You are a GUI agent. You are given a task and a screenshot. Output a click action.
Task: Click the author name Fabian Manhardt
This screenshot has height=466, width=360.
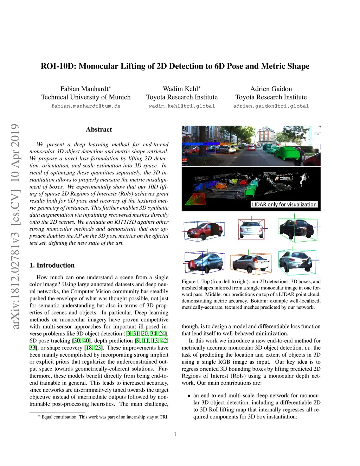click(84, 89)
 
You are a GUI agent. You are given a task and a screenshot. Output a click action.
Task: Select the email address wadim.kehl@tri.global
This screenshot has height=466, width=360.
click(182, 106)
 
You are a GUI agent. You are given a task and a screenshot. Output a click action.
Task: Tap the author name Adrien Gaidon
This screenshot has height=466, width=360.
click(271, 89)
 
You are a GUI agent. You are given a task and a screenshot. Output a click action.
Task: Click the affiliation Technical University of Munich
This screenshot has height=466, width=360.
click(86, 97)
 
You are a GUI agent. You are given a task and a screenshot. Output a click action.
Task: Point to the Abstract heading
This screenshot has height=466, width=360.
click(99, 129)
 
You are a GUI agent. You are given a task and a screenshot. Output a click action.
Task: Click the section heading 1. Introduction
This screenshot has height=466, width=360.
click(52, 265)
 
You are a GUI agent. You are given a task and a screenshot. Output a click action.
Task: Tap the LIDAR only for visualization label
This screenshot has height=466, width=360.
click(284, 204)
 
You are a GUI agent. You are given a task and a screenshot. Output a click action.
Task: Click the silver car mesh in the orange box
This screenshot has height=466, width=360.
click(251, 262)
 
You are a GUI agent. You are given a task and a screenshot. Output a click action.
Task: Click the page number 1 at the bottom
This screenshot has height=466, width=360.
click(175, 434)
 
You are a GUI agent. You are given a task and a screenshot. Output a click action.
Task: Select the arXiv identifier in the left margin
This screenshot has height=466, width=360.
click(15, 227)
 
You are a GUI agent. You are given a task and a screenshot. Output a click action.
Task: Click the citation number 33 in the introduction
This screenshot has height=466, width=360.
click(32, 347)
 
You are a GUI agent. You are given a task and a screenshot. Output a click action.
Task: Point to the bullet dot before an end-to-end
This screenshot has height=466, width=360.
click(189, 396)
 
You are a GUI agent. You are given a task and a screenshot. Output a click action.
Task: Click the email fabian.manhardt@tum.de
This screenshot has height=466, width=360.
click(86, 106)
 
